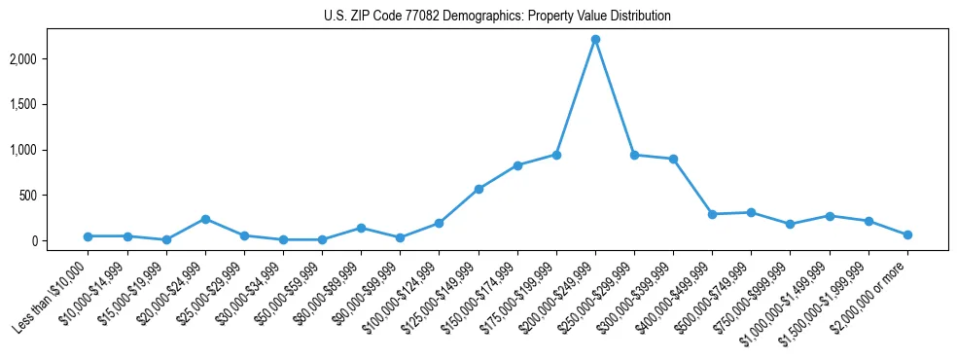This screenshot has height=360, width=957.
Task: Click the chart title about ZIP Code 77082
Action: point(497,17)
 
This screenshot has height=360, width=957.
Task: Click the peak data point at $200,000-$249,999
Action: point(595,39)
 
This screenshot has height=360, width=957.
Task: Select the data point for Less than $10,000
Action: point(88,236)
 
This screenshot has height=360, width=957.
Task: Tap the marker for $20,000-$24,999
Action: point(205,219)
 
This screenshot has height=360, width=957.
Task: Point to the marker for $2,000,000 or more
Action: point(907,234)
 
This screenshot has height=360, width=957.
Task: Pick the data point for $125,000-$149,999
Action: point(478,189)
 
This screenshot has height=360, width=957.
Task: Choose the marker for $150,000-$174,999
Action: point(517,165)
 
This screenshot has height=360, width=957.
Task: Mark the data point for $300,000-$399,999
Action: point(673,159)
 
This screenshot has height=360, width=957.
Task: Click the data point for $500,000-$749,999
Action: point(751,212)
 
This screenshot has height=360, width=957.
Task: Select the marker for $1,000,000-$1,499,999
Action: point(830,216)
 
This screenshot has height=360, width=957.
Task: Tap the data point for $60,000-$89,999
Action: point(361,228)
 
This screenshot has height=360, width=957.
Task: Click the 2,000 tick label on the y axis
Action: point(49,58)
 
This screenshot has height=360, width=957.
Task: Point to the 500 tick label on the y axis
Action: point(53,196)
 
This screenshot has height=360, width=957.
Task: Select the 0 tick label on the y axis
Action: point(60,241)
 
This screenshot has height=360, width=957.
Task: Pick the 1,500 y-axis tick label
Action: point(49,104)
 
